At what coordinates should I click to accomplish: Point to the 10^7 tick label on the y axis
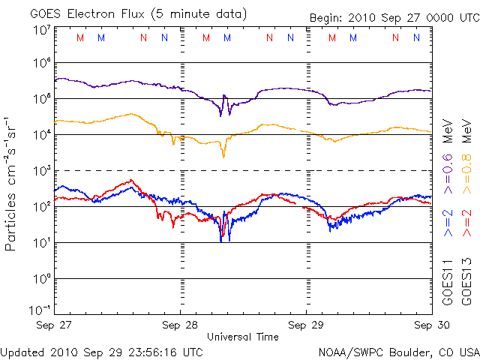42,30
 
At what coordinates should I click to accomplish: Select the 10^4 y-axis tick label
42,135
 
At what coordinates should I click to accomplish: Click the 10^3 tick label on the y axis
42,171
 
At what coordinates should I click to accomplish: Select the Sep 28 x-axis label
181,325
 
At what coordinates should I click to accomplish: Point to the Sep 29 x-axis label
306,325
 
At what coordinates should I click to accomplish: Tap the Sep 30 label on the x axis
430,325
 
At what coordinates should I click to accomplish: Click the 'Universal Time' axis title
243,337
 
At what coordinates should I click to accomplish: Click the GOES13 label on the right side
466,285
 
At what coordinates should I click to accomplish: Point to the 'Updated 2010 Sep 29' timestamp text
101,351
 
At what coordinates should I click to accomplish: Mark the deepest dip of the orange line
223,156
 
